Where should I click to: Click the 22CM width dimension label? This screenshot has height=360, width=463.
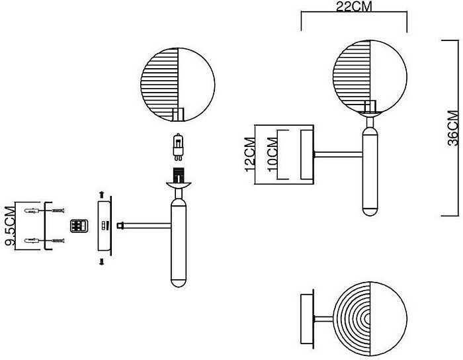tap(354, 6)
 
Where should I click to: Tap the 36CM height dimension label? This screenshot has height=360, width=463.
tap(453, 128)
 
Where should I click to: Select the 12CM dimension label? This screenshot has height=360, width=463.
tap(250, 154)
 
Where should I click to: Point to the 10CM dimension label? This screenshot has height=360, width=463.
tap(273, 154)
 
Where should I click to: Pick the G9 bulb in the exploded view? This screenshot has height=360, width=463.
tap(177, 147)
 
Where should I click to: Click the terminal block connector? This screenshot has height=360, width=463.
tap(79, 226)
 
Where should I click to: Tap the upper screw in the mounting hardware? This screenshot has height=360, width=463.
tap(58, 211)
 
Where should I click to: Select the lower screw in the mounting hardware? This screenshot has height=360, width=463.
tap(58, 241)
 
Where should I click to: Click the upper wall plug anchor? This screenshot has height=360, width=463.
tap(32, 211)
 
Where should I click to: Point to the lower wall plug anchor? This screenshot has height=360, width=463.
tap(32, 240)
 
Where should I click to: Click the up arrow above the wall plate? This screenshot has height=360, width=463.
tap(102, 195)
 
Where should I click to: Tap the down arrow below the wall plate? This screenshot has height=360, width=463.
tap(102, 262)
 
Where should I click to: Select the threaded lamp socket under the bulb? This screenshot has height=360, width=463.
tap(178, 175)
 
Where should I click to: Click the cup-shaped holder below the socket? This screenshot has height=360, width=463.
tap(179, 185)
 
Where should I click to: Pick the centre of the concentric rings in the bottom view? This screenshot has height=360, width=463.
tap(368, 319)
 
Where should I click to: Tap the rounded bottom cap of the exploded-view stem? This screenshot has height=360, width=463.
tap(179, 283)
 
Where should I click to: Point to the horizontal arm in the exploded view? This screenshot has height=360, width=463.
tap(145, 226)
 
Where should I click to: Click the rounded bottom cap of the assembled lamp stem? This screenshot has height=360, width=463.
tap(370, 212)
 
